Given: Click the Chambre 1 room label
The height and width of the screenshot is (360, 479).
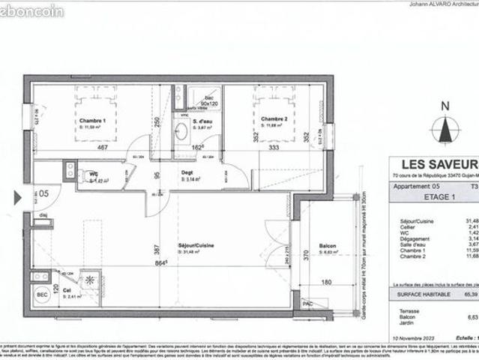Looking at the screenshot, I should click(94, 121).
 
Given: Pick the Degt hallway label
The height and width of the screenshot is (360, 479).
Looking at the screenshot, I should click(188, 172).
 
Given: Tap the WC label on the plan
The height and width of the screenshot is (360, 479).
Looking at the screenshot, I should click(94, 174).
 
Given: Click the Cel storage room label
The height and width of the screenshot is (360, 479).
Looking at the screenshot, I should click(66, 289).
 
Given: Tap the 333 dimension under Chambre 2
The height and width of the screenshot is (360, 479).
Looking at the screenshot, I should click(273, 148).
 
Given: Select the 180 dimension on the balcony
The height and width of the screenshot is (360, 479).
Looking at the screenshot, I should click(326, 283).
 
